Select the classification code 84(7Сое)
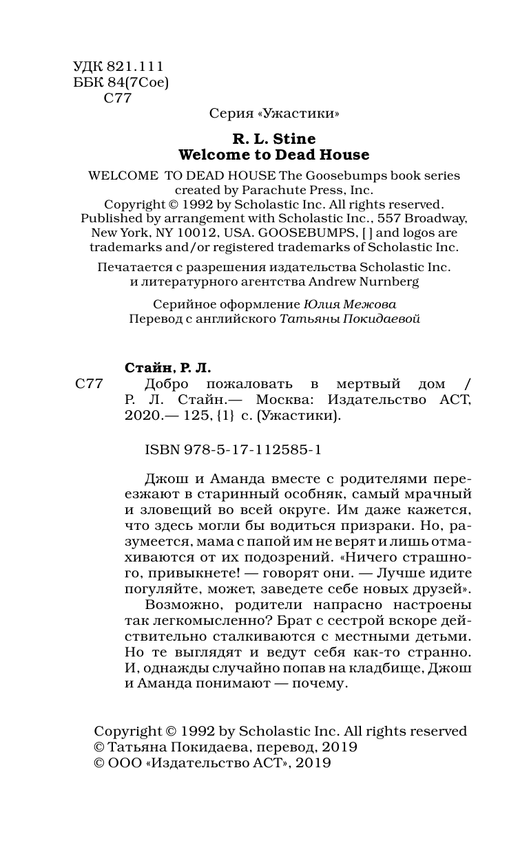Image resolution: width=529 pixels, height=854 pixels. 137,83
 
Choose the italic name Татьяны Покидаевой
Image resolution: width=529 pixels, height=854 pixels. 349,319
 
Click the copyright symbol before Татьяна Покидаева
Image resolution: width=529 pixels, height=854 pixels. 101,747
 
